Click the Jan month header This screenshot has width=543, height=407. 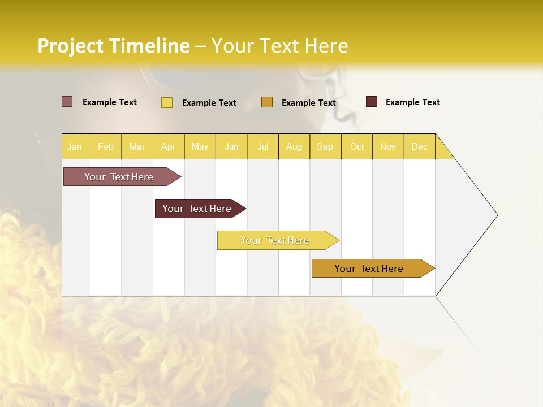coord(75,146)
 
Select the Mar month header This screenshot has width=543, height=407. coord(137,146)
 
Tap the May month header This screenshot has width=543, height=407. coord(200,146)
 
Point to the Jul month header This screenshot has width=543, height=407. coord(262,146)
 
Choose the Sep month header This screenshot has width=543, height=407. coord(325,146)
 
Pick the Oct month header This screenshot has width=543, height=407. coord(357,146)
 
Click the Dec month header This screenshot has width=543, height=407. coord(419,146)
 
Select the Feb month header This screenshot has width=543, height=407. coord(106,146)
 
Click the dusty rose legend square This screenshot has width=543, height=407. coord(67,102)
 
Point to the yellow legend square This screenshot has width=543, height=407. coord(167,102)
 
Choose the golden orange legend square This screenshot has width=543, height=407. coord(267,102)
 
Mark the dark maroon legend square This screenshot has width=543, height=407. coord(372,102)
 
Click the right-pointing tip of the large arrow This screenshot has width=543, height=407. coord(496,215)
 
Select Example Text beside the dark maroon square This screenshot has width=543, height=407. coord(412,102)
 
